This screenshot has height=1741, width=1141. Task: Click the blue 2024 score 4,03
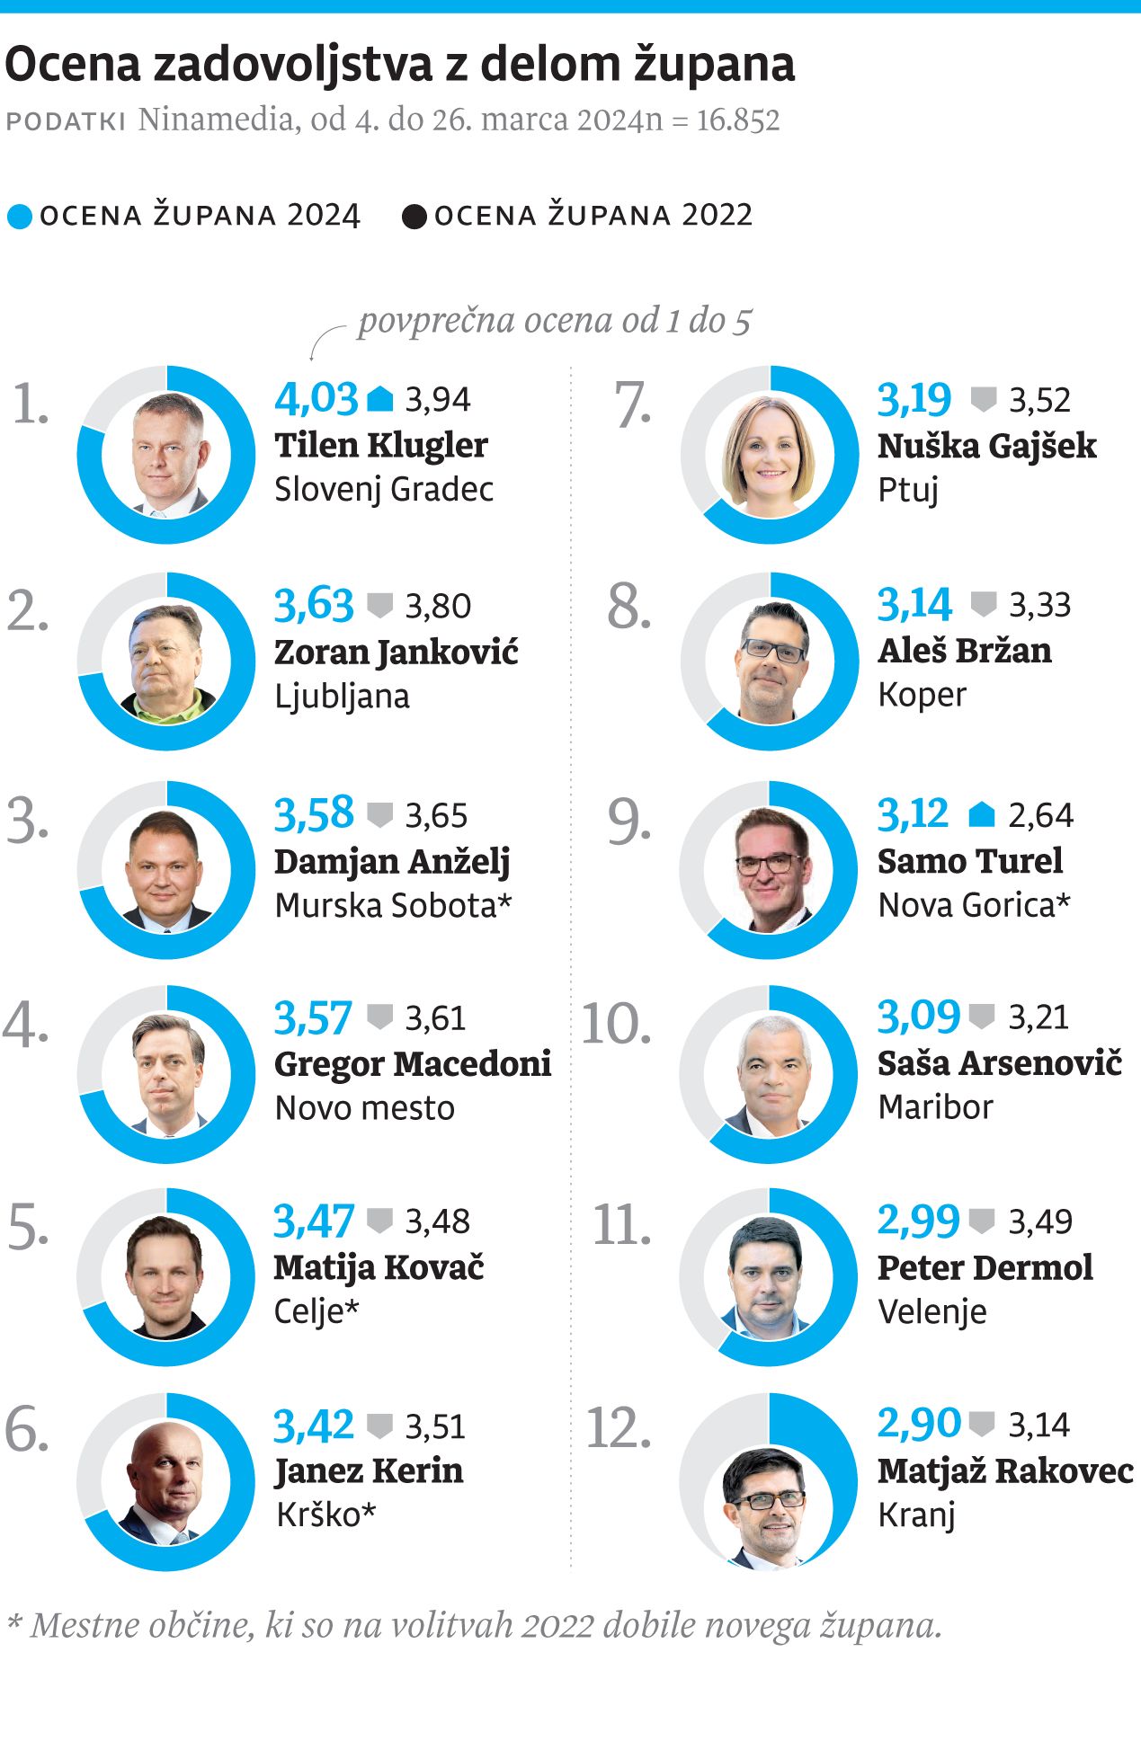316,398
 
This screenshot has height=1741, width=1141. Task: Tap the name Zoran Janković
396,652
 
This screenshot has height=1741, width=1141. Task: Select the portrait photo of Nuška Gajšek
770,454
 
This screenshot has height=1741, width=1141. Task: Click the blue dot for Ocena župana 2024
19,217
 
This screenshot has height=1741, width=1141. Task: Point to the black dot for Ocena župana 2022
414,217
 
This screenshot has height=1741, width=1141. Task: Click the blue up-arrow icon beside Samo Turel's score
982,814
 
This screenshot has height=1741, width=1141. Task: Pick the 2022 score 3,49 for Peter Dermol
1040,1221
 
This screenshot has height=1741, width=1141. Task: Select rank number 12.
618,1427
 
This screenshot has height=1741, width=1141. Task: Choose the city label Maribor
935,1106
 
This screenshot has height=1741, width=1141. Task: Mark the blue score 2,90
918,1424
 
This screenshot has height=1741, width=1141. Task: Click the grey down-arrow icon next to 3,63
380,605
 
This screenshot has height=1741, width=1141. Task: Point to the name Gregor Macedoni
412,1063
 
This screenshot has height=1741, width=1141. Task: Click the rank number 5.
28,1227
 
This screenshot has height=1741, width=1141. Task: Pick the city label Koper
922,695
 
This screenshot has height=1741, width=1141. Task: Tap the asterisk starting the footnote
13,1623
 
